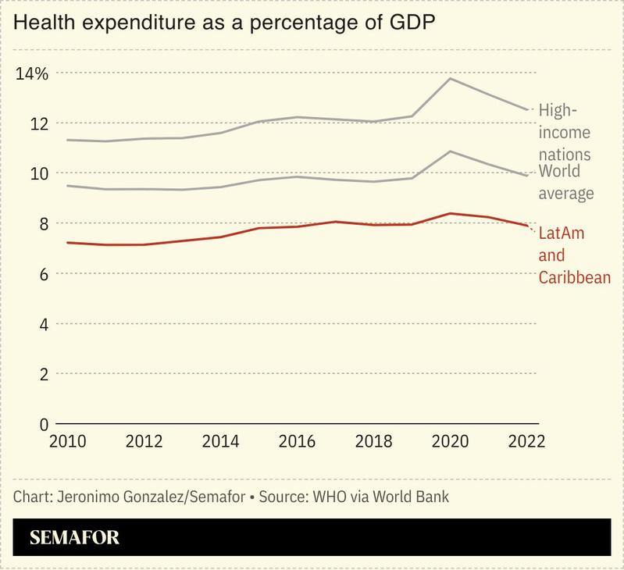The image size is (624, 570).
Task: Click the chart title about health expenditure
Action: pos(225,23)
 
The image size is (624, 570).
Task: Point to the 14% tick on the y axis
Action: pos(32,73)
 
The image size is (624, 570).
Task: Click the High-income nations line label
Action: pos(564,132)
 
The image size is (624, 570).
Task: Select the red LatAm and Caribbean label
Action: pos(574,255)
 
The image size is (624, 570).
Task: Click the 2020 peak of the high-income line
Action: pos(451,78)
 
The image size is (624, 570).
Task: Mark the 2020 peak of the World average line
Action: pos(451,151)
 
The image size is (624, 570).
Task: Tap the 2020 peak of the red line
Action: pos(450,213)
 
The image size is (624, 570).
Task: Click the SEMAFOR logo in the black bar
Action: pos(74,537)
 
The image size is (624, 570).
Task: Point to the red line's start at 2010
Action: pos(68,243)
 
